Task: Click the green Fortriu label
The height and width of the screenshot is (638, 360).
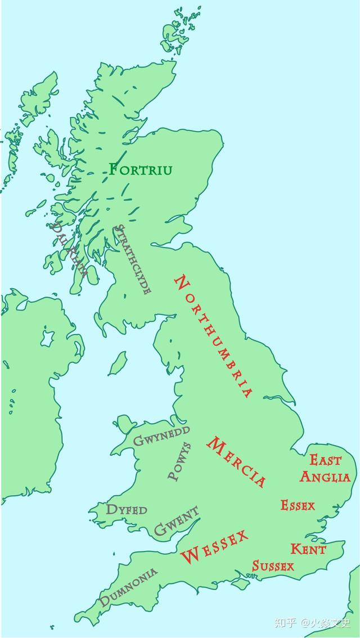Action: (x=141, y=169)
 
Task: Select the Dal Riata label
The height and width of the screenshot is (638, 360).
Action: (x=69, y=250)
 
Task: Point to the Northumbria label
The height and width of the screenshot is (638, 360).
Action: (x=214, y=336)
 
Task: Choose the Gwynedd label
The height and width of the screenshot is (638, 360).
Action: (x=161, y=435)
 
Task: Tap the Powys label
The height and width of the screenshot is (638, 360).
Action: (x=180, y=461)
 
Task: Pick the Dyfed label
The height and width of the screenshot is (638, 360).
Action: (x=127, y=510)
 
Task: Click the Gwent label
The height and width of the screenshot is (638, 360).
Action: (x=176, y=521)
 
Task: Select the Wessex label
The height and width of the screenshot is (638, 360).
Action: (x=214, y=546)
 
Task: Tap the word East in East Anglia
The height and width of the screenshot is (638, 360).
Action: (x=325, y=460)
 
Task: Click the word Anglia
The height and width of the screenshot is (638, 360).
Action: (x=325, y=477)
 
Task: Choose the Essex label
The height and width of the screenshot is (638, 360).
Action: (x=298, y=505)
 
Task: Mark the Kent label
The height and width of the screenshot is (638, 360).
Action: (x=308, y=549)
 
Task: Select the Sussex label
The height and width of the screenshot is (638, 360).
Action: (x=273, y=565)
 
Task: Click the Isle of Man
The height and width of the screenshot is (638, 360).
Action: (x=118, y=363)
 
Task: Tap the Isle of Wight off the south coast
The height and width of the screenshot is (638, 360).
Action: (x=240, y=584)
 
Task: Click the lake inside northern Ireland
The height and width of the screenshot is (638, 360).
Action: (x=47, y=338)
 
